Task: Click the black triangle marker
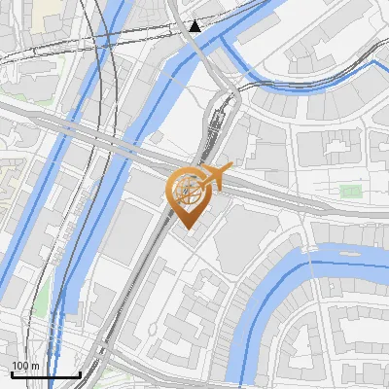point(197,25)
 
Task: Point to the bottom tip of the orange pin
point(188,230)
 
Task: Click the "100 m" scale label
point(25,366)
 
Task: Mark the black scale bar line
point(45,374)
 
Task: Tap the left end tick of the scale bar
point(11,373)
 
